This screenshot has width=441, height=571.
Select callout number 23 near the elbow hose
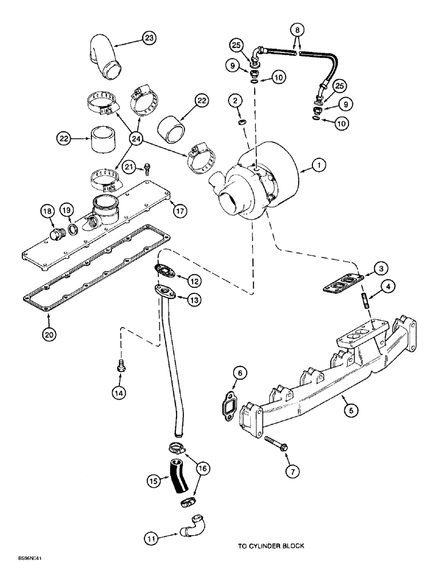(149, 38)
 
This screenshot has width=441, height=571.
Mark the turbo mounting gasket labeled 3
(341, 285)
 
